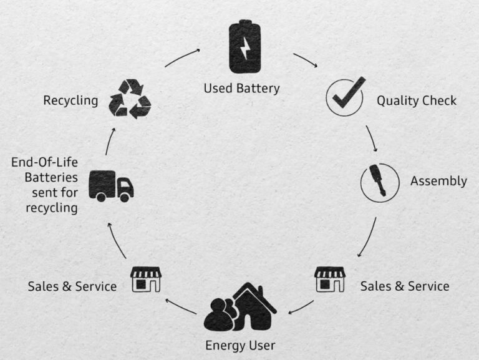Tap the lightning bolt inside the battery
245,48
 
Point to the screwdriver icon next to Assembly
378,180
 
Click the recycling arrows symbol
130,99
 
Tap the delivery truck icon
111,186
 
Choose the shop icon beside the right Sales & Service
330,280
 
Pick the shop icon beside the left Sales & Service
146,280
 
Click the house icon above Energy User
254,306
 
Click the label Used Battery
241,89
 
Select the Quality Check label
417,101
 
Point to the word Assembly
438,181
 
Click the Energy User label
240,346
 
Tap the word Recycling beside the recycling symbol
70,101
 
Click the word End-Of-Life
45,162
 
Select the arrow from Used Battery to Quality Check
306,60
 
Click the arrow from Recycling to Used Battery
182,57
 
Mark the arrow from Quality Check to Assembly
372,138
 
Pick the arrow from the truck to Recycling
110,141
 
